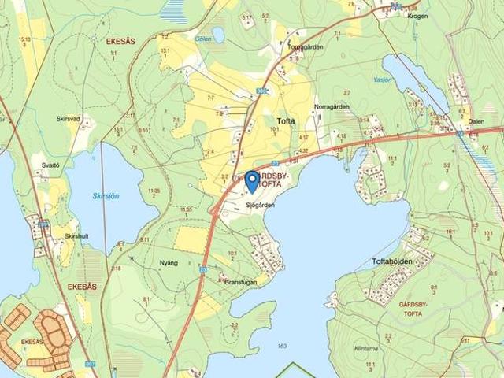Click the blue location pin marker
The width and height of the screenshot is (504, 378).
click(252, 181)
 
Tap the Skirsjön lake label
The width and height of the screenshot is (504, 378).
click(106, 196)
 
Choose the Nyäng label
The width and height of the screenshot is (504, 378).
click(168, 262)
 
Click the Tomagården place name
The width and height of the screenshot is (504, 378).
click(306, 46)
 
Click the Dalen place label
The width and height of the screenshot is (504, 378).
click(476, 121)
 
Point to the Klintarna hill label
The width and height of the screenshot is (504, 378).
click(366, 347)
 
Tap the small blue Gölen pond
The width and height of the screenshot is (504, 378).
click(218, 35)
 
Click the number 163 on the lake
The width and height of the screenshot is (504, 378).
click(282, 346)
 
